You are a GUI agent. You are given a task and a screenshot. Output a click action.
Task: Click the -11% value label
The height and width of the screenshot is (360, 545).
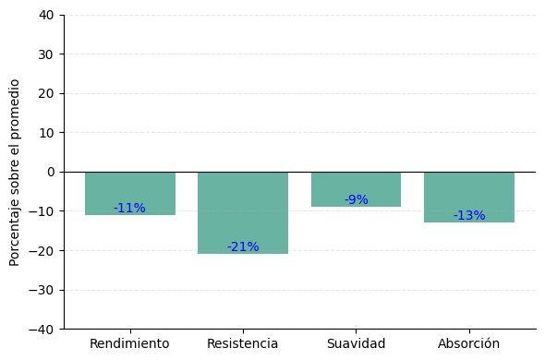[x=129, y=209]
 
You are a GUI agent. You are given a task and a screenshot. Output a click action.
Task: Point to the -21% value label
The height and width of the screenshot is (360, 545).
[x=243, y=247]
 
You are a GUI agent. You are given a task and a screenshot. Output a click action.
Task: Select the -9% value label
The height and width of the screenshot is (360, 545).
[x=356, y=200]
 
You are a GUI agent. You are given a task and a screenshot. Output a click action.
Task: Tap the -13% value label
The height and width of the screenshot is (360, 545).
[x=469, y=216]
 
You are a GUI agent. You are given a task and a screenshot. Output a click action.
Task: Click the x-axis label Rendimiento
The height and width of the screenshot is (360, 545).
[x=129, y=344]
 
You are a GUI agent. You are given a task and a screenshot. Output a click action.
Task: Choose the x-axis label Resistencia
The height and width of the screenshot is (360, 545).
[x=243, y=344]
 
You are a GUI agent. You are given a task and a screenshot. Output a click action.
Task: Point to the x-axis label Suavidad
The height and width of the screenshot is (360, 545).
[x=356, y=344]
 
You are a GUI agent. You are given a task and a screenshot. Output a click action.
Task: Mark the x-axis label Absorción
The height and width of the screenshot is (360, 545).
[x=469, y=344]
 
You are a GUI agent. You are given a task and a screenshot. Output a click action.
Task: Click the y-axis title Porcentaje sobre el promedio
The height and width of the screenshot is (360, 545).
[x=16, y=172]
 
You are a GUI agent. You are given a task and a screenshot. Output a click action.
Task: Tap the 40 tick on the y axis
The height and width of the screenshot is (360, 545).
[x=45, y=15]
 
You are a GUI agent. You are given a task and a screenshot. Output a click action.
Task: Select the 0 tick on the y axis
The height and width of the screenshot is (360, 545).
[x=50, y=172]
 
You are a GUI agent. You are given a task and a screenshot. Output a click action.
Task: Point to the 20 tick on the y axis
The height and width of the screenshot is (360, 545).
[x=45, y=93]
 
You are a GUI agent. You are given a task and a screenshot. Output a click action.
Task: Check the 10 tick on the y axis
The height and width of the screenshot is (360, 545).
[x=45, y=133]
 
